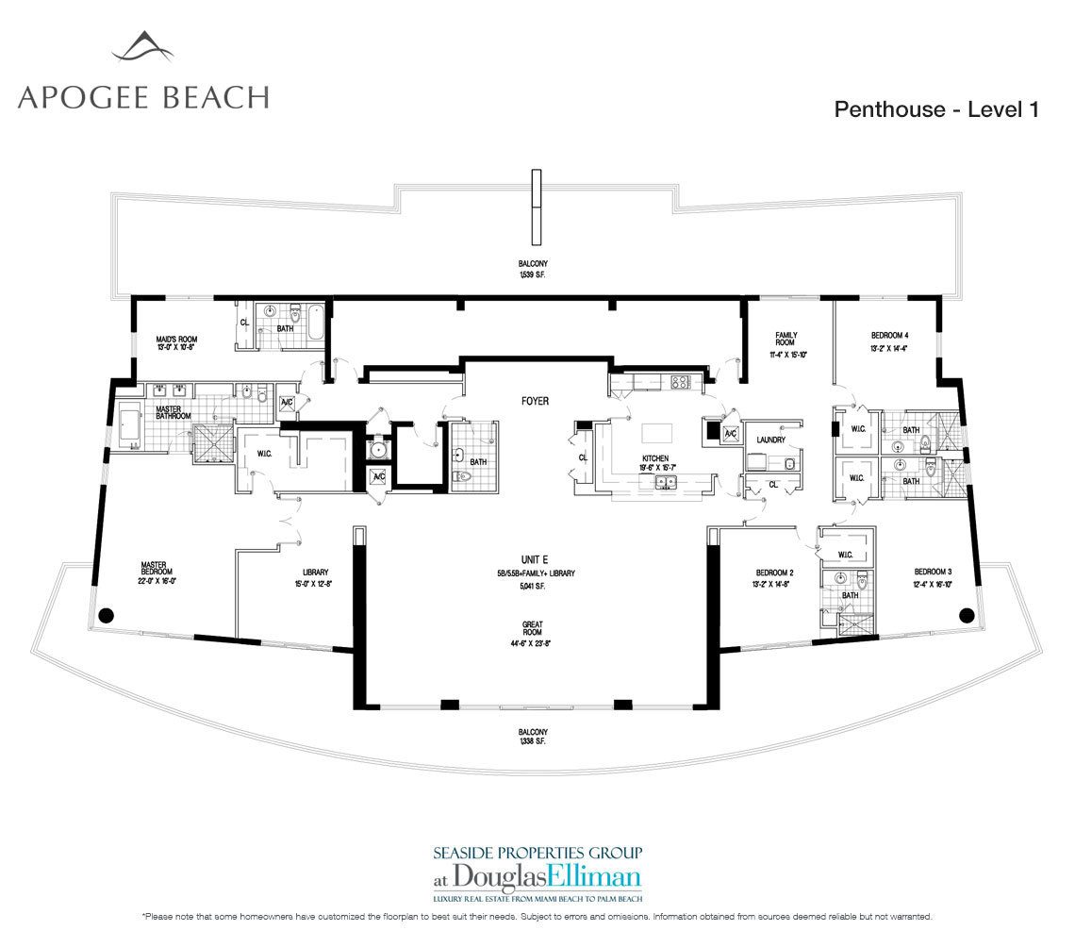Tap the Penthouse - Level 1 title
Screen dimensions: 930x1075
(935, 109)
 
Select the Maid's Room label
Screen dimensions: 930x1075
(175, 342)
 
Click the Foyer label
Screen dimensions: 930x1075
(535, 401)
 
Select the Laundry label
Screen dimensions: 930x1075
(770, 440)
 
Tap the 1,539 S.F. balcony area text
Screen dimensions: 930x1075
(533, 274)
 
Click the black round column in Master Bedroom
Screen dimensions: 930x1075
(106, 616)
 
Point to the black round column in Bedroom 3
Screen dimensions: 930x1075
(966, 616)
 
